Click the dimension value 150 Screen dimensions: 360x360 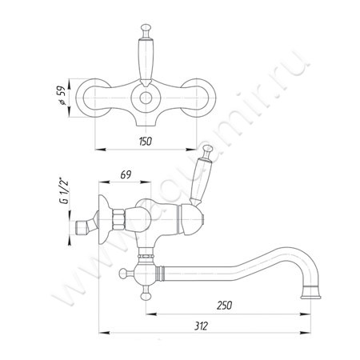(146, 142)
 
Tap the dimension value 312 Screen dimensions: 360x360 (201, 326)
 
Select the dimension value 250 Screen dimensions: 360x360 (224, 306)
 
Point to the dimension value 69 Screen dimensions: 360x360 (126, 175)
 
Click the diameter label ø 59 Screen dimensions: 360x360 (61, 95)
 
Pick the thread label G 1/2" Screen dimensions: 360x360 (64, 191)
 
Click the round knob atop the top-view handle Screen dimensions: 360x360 (146, 28)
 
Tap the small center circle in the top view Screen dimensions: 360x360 (146, 98)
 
